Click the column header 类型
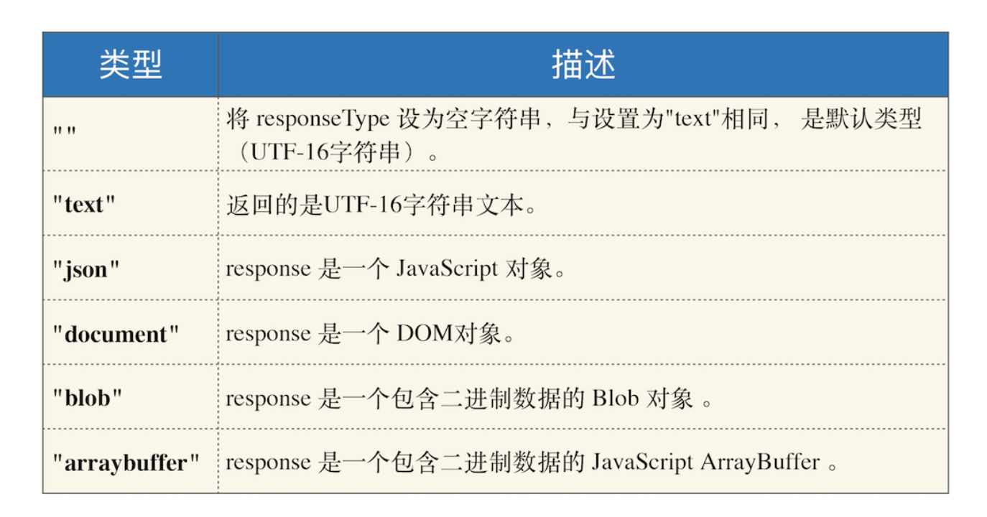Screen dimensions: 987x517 click(131, 65)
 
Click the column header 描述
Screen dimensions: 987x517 click(583, 65)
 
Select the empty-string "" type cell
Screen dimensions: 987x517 click(65, 131)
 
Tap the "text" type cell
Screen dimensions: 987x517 click(84, 205)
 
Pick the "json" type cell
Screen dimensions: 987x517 click(86, 270)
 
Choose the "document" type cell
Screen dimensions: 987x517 click(116, 334)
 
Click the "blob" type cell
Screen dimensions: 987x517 click(87, 398)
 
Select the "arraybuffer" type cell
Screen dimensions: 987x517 click(126, 463)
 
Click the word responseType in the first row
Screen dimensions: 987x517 click(323, 119)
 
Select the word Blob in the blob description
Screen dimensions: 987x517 click(615, 398)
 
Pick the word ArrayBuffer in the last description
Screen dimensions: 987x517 click(760, 462)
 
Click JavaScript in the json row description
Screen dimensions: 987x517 click(447, 269)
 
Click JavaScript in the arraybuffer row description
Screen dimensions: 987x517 click(642, 462)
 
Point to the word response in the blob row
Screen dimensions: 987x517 click(269, 399)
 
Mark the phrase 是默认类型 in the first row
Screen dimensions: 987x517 click(861, 119)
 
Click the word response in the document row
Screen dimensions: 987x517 click(269, 334)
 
